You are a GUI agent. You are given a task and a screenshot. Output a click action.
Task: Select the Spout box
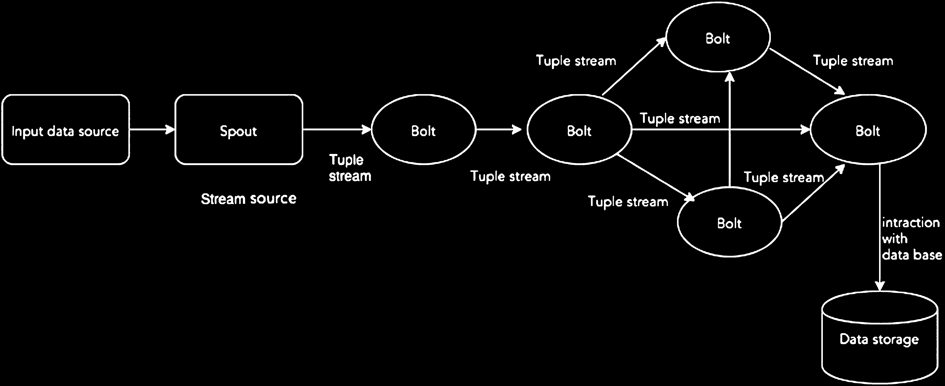pyautogui.click(x=239, y=129)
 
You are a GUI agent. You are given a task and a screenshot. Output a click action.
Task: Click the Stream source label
pyautogui.click(x=249, y=199)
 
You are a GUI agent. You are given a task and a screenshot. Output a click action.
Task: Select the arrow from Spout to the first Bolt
pyautogui.click(x=337, y=129)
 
